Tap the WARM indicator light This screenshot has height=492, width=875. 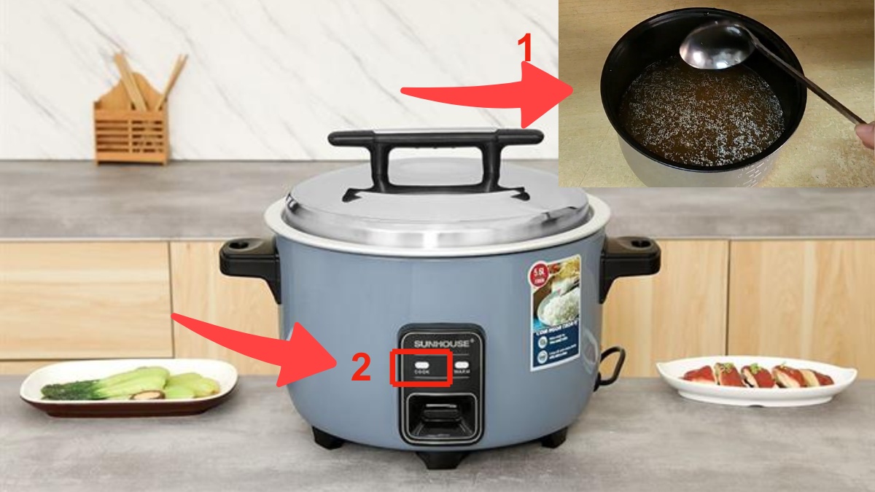(x=461, y=367)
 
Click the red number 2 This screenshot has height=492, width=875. (x=361, y=369)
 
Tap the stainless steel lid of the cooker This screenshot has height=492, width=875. (x=437, y=211)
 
